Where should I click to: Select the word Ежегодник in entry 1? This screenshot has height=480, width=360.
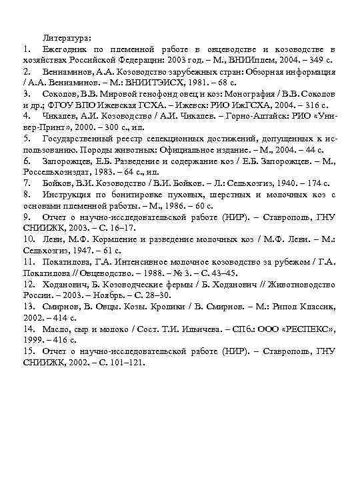click(65, 50)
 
